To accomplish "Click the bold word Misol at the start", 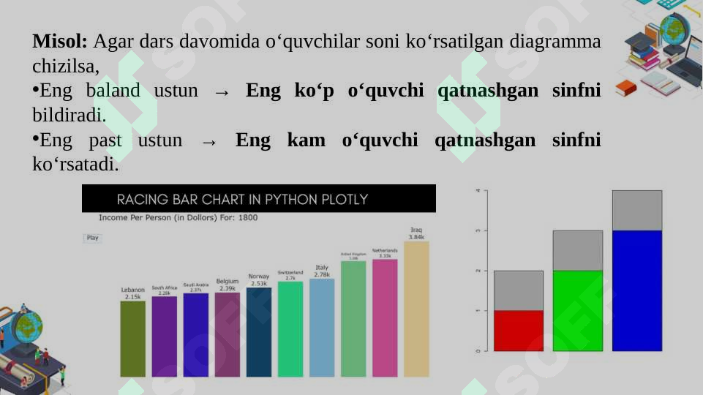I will (60, 41).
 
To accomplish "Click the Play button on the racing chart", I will (93, 238).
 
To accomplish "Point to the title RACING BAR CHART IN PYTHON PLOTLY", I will (242, 199).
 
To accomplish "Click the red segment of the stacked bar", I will (519, 331).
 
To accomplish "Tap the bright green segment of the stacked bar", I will (577, 310).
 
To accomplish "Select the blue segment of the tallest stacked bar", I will (636, 290).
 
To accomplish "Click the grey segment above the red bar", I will (519, 290).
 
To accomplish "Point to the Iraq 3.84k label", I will (416, 233).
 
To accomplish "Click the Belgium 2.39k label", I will (227, 285).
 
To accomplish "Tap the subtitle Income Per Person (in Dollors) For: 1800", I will (178, 218).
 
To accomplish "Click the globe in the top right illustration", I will (673, 31).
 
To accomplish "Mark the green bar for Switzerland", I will (290, 328).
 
